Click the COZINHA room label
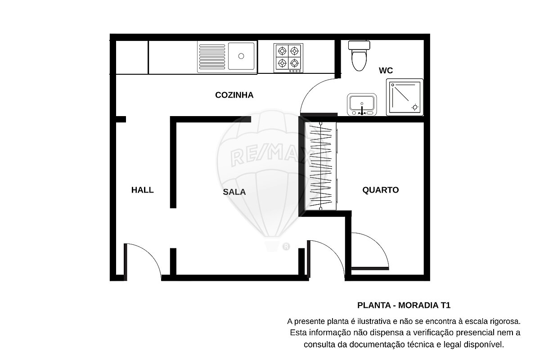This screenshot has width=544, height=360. coord(234,95)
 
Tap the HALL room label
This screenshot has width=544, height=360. coord(142,190)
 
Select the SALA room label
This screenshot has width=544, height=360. coord(234,192)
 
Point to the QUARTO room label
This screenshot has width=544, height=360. coord(380,190)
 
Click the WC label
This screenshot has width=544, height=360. coord(386,71)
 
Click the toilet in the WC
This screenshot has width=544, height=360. coord(359,56)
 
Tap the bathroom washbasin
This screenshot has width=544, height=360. coord(362,104)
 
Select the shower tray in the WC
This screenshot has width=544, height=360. coord(405,97)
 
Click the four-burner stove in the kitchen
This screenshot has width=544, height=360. coord(288,58)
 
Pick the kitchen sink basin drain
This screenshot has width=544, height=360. coord(241,56)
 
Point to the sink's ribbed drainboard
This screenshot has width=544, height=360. coord(212,57)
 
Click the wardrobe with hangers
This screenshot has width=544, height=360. coord(320,166)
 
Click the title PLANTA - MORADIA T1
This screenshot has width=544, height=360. coord(404,306)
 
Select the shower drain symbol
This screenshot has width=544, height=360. coord(415,108)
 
